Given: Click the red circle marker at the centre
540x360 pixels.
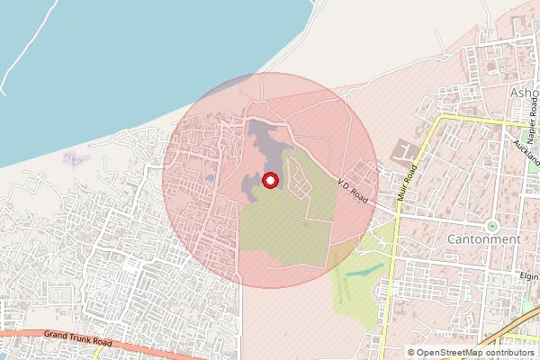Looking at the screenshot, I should click(269, 181).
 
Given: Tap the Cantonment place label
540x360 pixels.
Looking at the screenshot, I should click(483, 239).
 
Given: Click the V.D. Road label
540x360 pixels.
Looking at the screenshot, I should click(354, 187).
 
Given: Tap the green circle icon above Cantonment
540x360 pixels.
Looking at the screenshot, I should click(491, 224).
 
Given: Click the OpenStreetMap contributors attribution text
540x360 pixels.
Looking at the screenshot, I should click(471, 352).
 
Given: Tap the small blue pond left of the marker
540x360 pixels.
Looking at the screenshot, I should click(210, 178).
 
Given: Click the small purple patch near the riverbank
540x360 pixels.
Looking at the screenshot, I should click(76, 158).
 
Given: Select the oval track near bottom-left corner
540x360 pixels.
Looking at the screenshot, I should click(59, 295).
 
